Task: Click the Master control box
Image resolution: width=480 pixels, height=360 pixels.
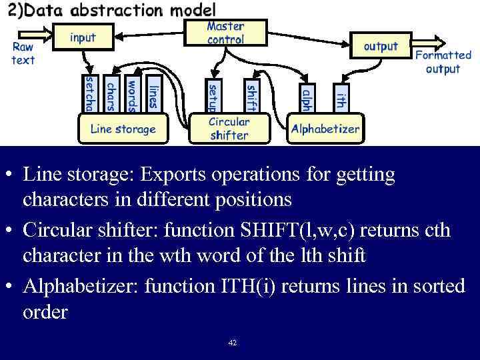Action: pyautogui.click(x=225, y=33)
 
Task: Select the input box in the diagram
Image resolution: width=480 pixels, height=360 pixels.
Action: pyautogui.click(x=83, y=37)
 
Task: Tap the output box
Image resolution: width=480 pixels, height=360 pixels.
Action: pyautogui.click(x=380, y=47)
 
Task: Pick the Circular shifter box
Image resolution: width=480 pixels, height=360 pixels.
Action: pyautogui.click(x=229, y=128)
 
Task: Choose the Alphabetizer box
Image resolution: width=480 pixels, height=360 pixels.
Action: pyautogui.click(x=325, y=129)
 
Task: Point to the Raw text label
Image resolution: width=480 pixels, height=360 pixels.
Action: pyautogui.click(x=23, y=53)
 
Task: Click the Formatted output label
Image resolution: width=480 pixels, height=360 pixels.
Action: pyautogui.click(x=443, y=62)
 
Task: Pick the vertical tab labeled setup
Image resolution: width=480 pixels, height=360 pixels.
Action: pyautogui.click(x=212, y=97)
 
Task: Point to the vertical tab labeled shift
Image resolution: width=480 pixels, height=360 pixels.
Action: pyautogui.click(x=251, y=97)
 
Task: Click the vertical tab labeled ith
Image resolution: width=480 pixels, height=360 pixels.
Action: pyautogui.click(x=340, y=99)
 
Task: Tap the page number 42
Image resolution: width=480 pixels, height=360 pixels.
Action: pyautogui.click(x=232, y=343)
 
